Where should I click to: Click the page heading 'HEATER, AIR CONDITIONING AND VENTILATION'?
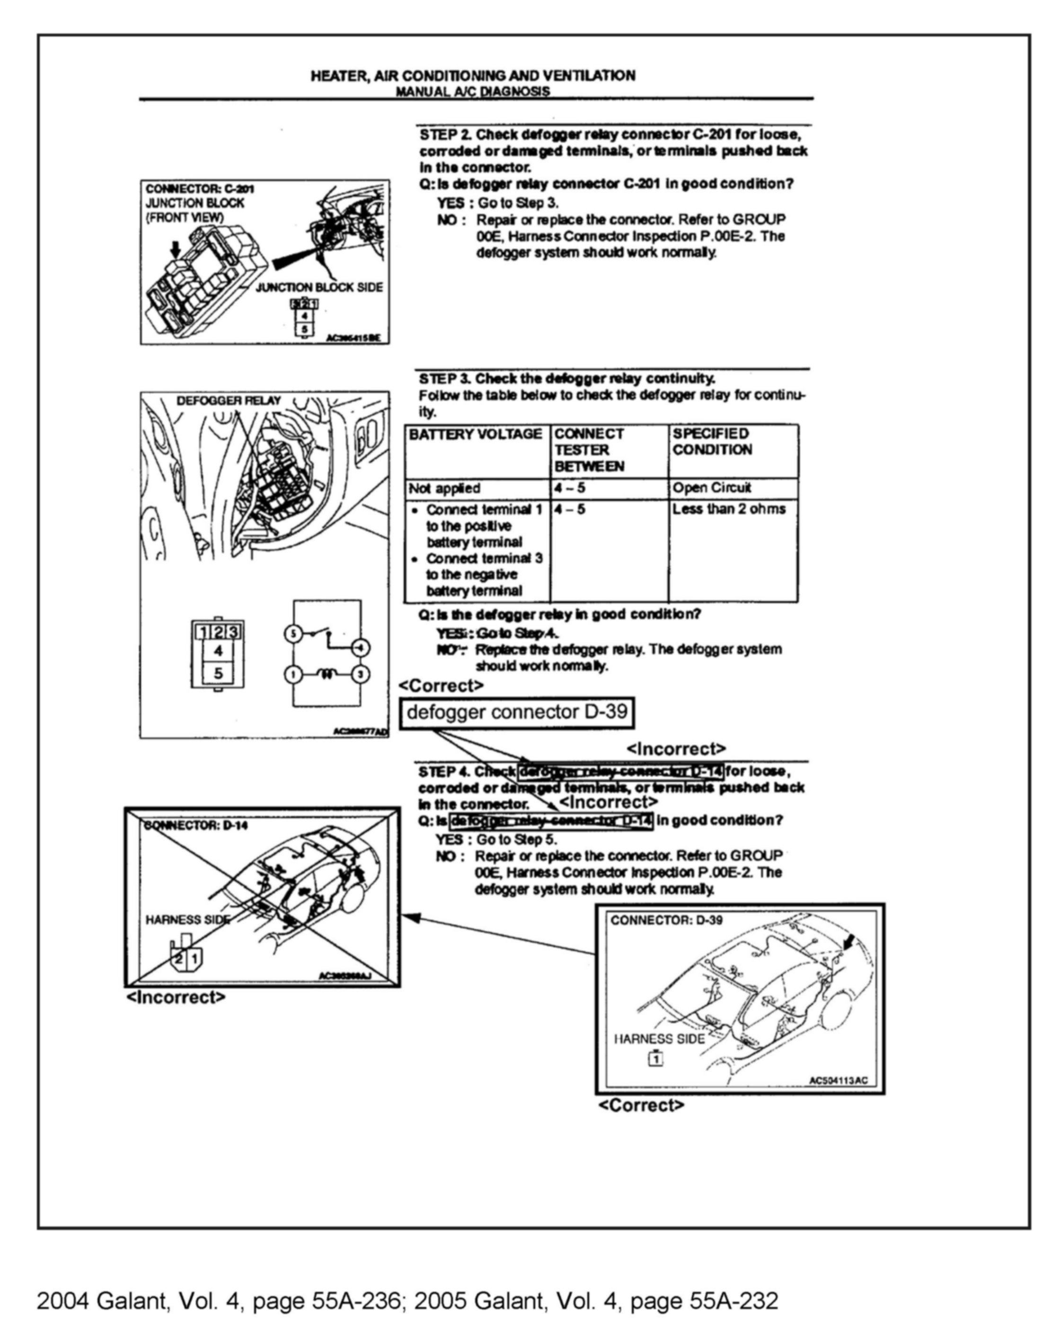[472, 76]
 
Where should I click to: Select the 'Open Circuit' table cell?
[711, 488]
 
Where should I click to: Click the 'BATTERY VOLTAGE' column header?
[475, 434]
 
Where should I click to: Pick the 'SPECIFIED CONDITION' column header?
[711, 442]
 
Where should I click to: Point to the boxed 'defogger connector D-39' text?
[516, 712]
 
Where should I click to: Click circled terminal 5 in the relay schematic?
[293, 633]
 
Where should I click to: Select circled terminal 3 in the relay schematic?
[360, 674]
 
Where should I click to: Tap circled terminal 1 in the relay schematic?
[293, 674]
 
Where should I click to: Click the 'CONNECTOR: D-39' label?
[666, 920]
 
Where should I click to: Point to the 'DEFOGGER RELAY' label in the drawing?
[228, 400]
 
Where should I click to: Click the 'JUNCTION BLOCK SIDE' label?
[319, 287]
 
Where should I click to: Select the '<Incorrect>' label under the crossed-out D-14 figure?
[176, 997]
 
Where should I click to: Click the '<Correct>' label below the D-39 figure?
[641, 1105]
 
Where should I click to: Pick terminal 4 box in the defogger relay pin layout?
[218, 651]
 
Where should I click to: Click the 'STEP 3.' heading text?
[444, 378]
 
